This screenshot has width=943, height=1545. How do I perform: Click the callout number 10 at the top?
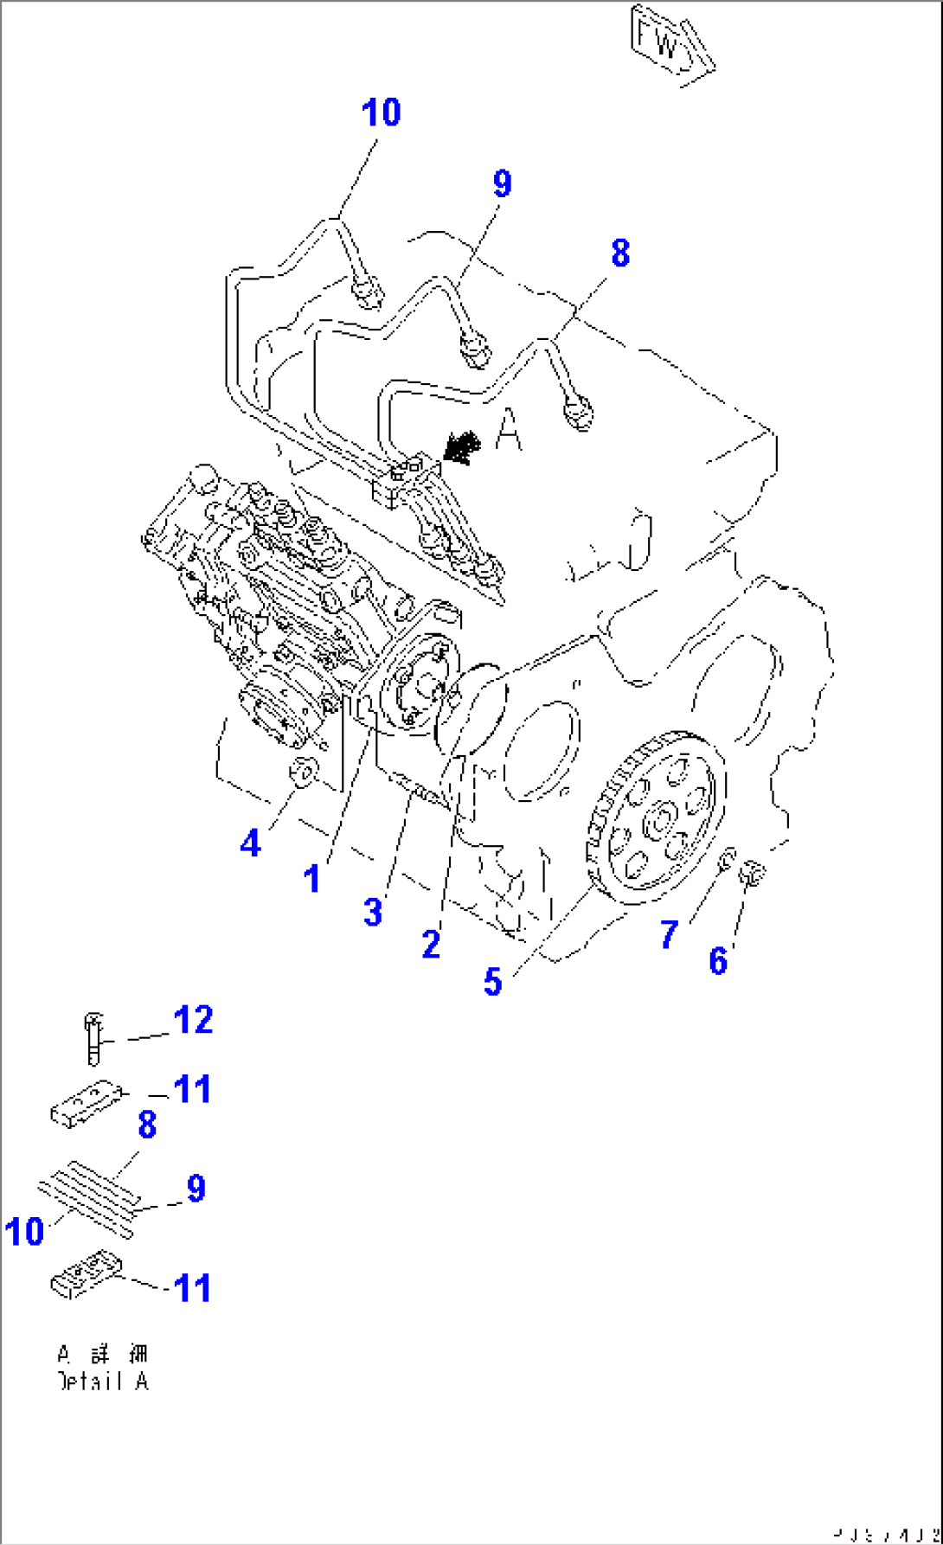click(381, 113)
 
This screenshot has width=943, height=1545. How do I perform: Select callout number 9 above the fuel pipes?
click(503, 184)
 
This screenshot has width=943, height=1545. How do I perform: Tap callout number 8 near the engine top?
click(620, 254)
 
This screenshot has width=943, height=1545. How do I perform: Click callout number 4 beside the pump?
click(250, 843)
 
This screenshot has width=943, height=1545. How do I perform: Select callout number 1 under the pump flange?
click(312, 880)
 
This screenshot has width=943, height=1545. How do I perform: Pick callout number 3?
click(373, 912)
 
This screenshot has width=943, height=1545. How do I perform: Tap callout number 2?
click(431, 944)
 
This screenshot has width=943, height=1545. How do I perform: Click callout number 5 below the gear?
click(492, 982)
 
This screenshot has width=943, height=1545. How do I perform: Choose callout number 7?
click(669, 934)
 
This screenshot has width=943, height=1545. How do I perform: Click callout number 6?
click(718, 961)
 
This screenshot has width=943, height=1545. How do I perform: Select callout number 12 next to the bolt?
click(193, 1021)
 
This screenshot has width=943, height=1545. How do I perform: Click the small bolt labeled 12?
click(93, 1038)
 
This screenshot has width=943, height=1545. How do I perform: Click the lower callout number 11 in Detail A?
click(192, 1288)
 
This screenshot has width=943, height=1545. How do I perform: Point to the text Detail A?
click(102, 1382)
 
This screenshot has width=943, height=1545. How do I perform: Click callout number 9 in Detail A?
click(196, 1189)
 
